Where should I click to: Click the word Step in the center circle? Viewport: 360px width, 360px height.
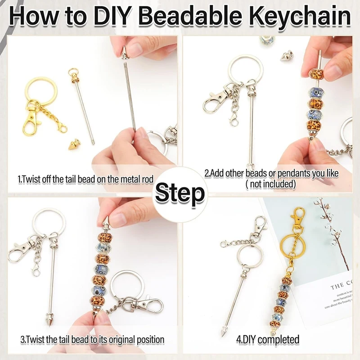(180, 194)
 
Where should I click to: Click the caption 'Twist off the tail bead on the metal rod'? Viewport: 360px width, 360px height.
(85, 179)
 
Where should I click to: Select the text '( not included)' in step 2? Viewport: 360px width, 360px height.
(270, 184)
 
